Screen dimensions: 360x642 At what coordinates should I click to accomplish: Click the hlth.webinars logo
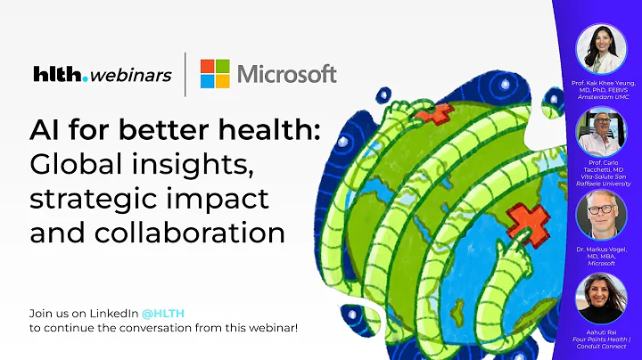point(101,75)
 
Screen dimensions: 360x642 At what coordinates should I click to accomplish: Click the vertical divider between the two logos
point(185,74)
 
